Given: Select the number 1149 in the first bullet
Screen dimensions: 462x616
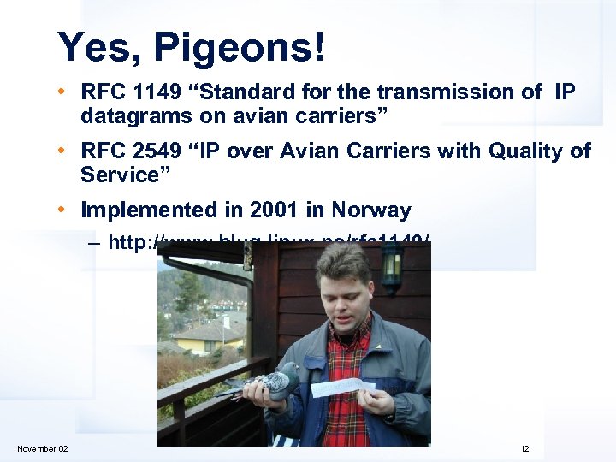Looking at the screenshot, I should click(x=154, y=92).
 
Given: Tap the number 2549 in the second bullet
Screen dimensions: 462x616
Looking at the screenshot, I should click(x=154, y=151).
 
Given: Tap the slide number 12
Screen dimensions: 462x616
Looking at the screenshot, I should click(x=524, y=449).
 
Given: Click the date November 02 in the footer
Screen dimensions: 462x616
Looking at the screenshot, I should click(x=43, y=449).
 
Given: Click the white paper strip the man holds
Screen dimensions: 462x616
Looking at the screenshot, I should click(x=342, y=388).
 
